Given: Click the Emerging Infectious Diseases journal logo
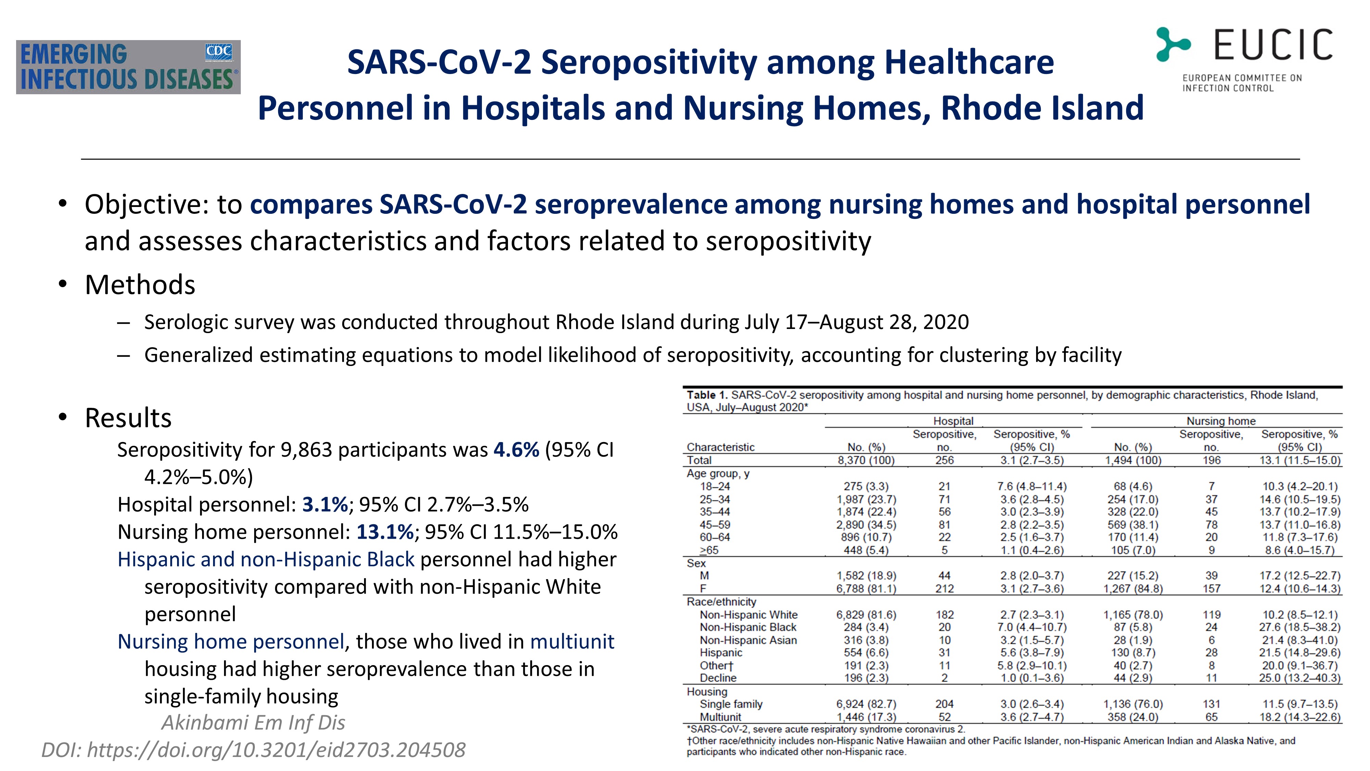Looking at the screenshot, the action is click(128, 67).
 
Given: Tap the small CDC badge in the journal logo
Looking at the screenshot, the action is click(219, 52).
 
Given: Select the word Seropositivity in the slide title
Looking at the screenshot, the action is click(649, 62).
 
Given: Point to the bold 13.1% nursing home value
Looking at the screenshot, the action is click(385, 531).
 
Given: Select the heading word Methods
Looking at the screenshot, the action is click(140, 285).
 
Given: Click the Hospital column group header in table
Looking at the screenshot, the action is click(953, 421).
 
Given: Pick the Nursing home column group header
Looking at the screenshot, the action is click(1221, 421).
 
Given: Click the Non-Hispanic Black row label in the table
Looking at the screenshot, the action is click(748, 627).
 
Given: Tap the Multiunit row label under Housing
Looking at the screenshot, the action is click(720, 717).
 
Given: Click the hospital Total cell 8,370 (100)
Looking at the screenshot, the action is click(866, 460).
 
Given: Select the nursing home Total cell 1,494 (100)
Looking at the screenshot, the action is click(1133, 460).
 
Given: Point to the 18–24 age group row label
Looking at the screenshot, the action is click(715, 486).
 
